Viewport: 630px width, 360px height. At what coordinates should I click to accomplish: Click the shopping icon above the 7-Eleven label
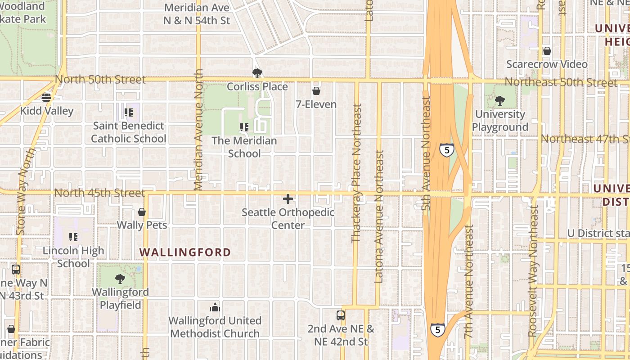[316, 91]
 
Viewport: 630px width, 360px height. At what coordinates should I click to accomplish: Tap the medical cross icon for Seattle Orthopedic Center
[288, 199]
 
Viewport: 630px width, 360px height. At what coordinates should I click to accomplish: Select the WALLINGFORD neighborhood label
[185, 252]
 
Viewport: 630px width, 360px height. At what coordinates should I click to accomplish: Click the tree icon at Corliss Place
[257, 73]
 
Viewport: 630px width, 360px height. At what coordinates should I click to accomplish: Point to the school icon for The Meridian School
[244, 127]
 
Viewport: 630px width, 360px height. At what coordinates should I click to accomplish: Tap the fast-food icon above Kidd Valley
[46, 97]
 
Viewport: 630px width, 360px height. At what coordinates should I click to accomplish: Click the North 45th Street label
[100, 193]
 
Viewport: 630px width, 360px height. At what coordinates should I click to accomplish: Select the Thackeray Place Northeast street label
[357, 173]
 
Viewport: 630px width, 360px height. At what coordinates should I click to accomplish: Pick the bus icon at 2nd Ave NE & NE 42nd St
[341, 315]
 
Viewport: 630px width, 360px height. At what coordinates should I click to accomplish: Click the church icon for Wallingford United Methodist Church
[215, 307]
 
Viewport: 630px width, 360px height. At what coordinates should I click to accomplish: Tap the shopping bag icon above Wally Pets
[142, 211]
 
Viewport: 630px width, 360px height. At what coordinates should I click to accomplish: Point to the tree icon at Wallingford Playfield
[120, 279]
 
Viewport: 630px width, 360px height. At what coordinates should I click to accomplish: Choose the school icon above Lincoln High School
[73, 237]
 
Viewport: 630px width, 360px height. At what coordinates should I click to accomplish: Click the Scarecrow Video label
[547, 64]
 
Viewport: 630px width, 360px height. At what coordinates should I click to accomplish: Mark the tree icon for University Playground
[499, 101]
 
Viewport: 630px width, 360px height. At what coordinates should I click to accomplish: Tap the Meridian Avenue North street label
[198, 130]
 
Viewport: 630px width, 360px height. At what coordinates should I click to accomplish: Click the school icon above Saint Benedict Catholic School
[129, 112]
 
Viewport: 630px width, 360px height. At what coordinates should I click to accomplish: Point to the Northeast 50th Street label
[561, 82]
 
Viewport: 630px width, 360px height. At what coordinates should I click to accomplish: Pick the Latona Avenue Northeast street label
[379, 216]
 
